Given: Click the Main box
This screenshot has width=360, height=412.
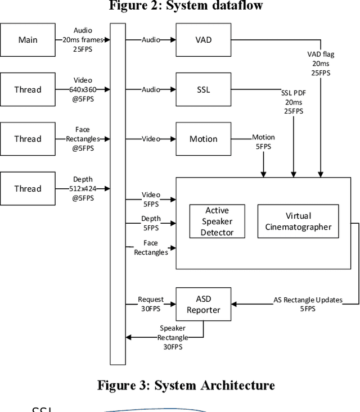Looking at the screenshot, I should pyautogui.click(x=28, y=40).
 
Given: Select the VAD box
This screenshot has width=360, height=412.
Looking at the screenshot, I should pyautogui.click(x=203, y=40).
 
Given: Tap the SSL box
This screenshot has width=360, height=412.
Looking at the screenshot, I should pyautogui.click(x=203, y=89).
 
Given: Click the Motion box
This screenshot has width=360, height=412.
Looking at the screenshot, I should pyautogui.click(x=203, y=139).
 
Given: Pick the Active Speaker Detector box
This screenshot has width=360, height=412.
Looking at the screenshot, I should pyautogui.click(x=217, y=221).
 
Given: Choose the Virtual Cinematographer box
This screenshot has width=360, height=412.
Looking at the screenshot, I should pyautogui.click(x=298, y=221).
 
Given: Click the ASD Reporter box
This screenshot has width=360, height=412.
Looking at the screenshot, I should pyautogui.click(x=203, y=304).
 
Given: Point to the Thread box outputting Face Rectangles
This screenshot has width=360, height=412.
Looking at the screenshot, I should pyautogui.click(x=28, y=139).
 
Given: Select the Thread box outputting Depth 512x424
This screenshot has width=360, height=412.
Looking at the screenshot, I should pyautogui.click(x=28, y=189).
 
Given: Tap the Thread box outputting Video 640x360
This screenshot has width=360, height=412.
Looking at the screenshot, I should pyautogui.click(x=28, y=89).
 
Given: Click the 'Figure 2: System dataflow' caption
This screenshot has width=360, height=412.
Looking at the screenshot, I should pyautogui.click(x=186, y=6).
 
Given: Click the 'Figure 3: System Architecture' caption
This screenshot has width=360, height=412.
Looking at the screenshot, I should pyautogui.click(x=186, y=385).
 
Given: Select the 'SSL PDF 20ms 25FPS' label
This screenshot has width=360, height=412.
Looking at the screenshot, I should pyautogui.click(x=292, y=102).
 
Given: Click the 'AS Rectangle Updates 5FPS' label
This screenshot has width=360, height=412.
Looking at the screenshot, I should pyautogui.click(x=308, y=304).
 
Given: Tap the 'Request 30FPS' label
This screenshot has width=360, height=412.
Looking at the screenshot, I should pyautogui.click(x=151, y=304).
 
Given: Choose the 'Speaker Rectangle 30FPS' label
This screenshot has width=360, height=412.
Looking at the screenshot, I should pyautogui.click(x=172, y=337).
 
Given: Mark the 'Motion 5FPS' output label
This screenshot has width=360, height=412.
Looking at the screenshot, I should pyautogui.click(x=263, y=142).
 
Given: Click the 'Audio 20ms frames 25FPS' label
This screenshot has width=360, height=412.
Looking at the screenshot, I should pyautogui.click(x=83, y=40).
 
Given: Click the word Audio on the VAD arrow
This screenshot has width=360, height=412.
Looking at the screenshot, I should pyautogui.click(x=150, y=40).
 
